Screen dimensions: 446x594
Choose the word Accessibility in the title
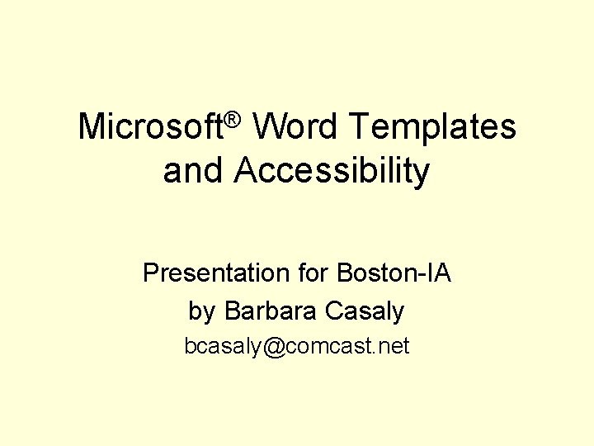[x=332, y=172]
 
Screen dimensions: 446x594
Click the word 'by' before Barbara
[x=201, y=311]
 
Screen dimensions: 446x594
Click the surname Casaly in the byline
[x=365, y=311]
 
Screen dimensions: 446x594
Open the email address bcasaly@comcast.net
[x=297, y=346]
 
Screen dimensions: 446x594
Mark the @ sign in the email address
[x=276, y=347]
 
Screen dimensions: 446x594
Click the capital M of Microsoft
[x=91, y=127]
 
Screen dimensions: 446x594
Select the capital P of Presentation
[x=150, y=273]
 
